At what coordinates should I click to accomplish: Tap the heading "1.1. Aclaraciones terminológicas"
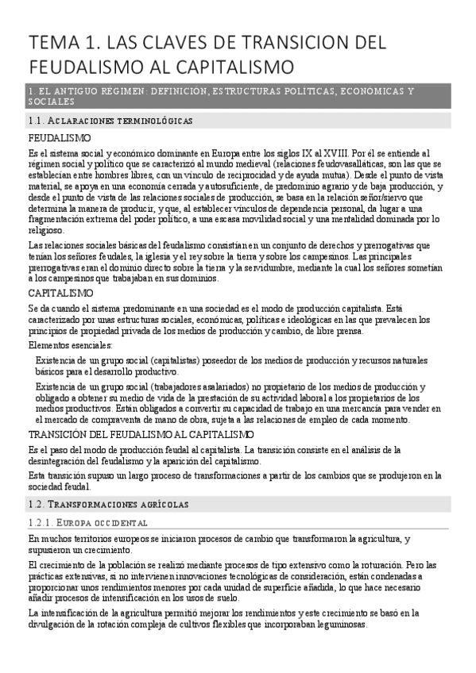tap(110, 121)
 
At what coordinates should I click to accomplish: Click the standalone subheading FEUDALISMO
tap(59, 138)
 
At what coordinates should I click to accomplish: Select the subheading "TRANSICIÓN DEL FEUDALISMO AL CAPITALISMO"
tap(141, 434)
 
